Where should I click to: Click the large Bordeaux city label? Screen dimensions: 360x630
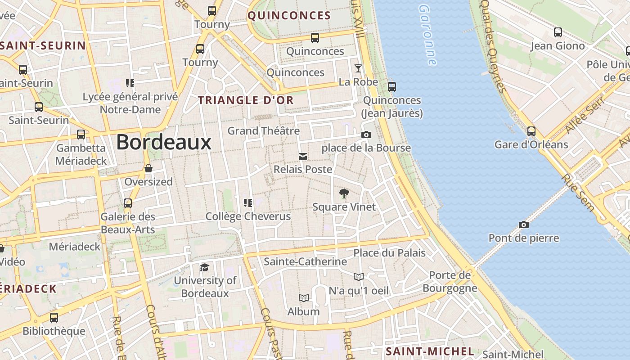click(164, 142)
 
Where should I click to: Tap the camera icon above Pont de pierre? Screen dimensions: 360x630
click(523, 225)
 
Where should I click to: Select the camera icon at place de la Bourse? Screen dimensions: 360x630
click(366, 135)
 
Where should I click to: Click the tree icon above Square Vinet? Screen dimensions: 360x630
click(344, 194)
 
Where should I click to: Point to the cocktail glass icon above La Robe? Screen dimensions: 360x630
click(358, 68)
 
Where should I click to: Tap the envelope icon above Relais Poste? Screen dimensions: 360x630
click(303, 157)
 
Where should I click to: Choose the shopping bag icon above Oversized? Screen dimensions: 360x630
click(148, 169)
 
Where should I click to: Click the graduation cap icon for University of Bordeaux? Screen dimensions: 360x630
click(205, 268)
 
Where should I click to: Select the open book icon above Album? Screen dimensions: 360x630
click(304, 298)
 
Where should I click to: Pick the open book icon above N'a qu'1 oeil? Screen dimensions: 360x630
click(358, 277)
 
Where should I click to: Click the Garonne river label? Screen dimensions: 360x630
click(427, 35)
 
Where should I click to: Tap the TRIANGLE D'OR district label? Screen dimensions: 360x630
click(246, 100)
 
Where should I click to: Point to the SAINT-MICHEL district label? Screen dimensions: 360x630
click(430, 351)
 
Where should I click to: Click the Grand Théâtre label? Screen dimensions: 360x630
click(263, 131)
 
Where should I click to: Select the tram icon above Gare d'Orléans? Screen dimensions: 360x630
click(531, 131)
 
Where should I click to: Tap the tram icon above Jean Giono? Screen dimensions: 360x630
click(558, 32)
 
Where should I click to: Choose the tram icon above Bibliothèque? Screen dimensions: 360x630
click(54, 318)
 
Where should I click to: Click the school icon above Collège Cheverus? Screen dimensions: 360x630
click(247, 203)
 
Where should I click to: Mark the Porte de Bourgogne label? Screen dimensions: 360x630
click(450, 282)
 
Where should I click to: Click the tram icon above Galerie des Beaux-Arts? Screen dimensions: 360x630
click(128, 203)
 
